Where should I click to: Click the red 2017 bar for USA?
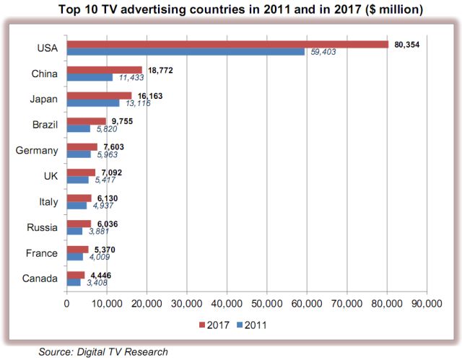(x=227, y=44)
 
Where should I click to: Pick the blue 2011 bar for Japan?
(x=92, y=102)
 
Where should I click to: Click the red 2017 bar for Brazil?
(x=86, y=120)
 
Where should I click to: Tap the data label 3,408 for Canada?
(x=98, y=283)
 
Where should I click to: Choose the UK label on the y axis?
(x=50, y=175)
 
